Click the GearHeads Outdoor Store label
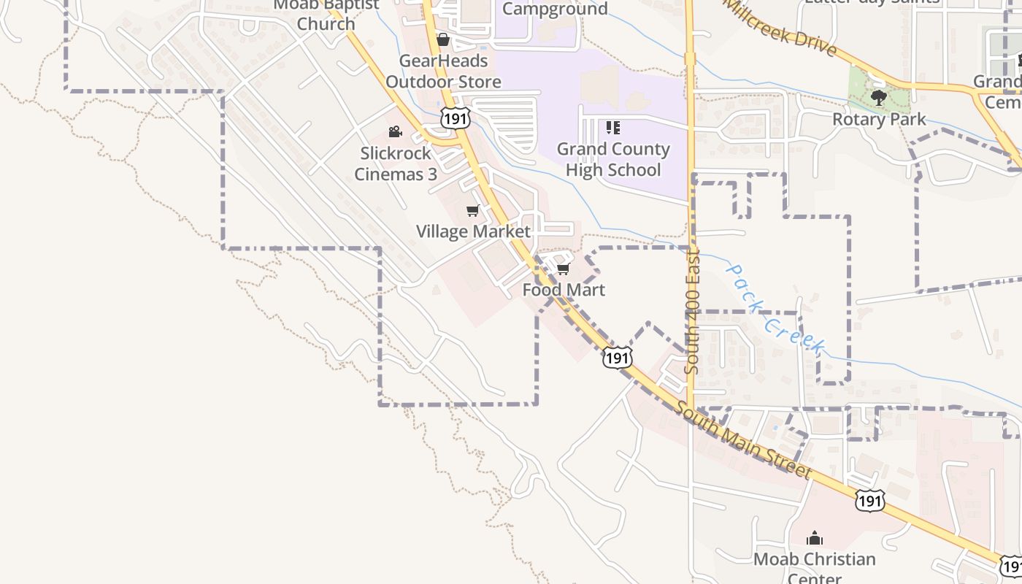point(443,72)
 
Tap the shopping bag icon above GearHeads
point(443,39)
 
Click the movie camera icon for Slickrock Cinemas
point(395,132)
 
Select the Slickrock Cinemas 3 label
point(396,164)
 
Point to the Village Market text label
point(473,231)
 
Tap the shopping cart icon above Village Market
point(472,211)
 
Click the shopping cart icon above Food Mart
point(563,269)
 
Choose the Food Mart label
point(564,290)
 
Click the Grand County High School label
point(613,159)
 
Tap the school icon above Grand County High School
point(613,128)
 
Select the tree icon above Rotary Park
point(879,98)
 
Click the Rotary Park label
point(879,119)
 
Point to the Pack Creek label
point(775,310)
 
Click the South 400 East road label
point(693,312)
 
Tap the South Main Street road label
point(742,441)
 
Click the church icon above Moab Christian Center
point(814,539)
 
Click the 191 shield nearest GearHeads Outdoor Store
point(454,118)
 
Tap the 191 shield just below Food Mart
point(617,357)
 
